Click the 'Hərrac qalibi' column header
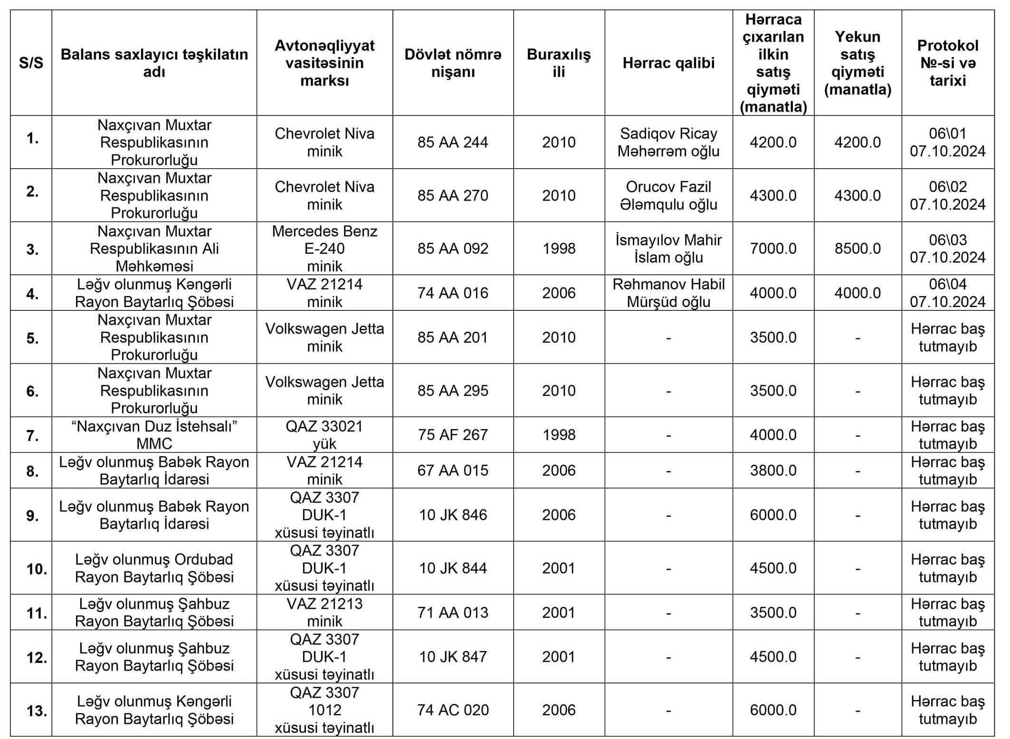point(668,63)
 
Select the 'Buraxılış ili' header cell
point(559,63)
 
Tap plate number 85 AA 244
point(453,142)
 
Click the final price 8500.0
point(858,249)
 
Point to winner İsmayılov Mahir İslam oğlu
point(668,249)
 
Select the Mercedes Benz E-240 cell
point(324,249)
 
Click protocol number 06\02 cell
point(947,195)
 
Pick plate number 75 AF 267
point(453,435)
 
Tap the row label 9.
point(32,515)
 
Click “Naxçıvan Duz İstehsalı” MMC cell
point(154,435)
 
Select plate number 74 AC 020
point(453,710)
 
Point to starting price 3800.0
point(773,470)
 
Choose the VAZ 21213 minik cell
point(324,612)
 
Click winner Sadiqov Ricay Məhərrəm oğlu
point(668,142)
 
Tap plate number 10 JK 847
point(453,657)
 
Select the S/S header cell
point(31,63)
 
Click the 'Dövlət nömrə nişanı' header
point(453,63)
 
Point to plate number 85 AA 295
point(453,391)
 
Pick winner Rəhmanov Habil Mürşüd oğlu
point(668,293)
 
